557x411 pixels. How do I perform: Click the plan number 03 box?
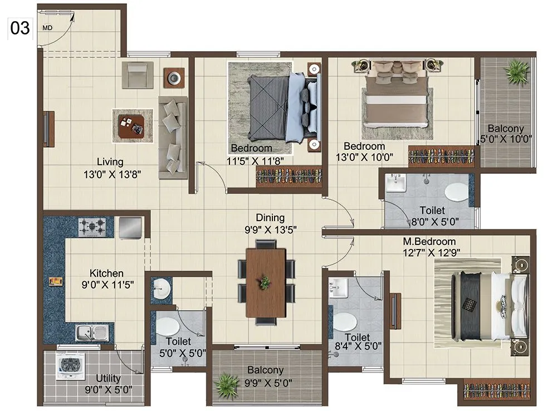(20, 28)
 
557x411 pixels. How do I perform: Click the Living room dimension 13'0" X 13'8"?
(110, 174)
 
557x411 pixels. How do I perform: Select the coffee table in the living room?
(133, 125)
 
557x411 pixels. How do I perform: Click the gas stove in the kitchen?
(92, 227)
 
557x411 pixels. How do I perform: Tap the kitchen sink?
(92, 334)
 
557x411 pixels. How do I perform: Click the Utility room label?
(108, 379)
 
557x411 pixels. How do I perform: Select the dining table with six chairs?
(266, 282)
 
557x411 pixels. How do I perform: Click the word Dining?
(270, 218)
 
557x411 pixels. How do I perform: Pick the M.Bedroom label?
(429, 242)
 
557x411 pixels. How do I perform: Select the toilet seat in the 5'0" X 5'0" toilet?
(167, 325)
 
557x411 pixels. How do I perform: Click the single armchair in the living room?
(137, 75)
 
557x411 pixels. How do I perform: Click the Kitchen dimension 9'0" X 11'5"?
(106, 285)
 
